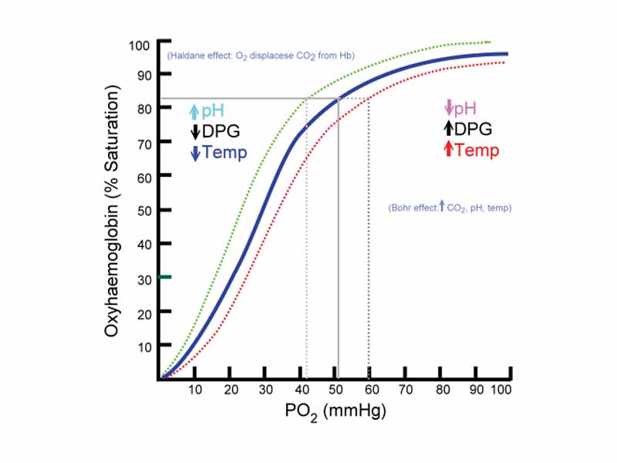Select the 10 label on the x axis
coord(195,392)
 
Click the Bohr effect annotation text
coord(450,208)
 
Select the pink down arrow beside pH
coord(448,108)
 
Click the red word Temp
coord(477,150)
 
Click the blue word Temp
coord(224,153)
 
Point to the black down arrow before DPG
coord(196,132)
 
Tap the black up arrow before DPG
coord(448,129)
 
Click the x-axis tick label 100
coord(501,392)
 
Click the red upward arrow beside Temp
coord(448,150)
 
